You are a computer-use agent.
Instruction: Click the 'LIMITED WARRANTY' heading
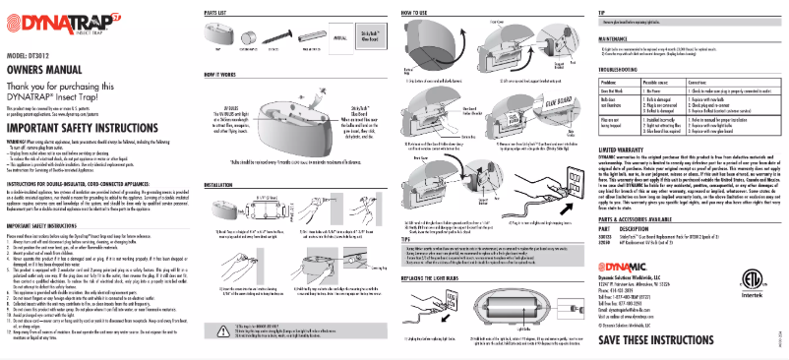coord(631,175)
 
